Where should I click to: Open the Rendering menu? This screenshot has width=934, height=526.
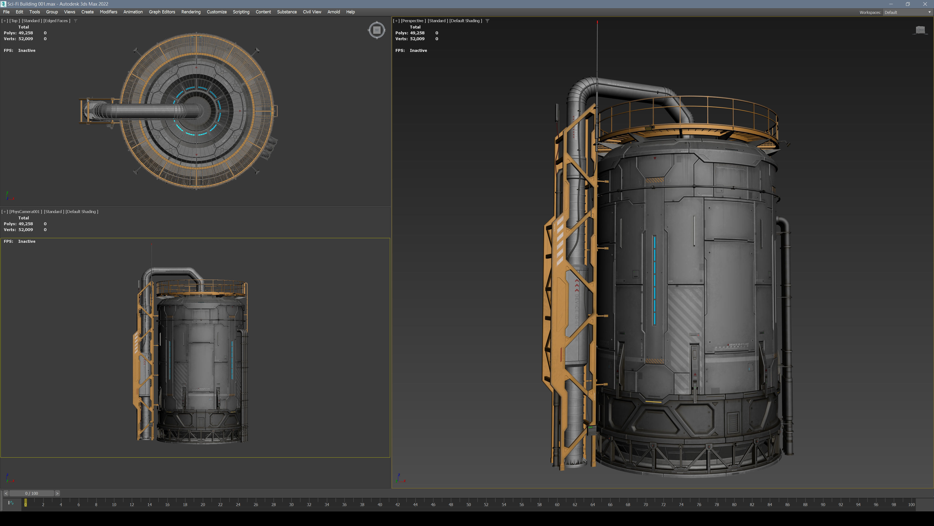(x=191, y=12)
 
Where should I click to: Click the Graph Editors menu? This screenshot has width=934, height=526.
(x=162, y=12)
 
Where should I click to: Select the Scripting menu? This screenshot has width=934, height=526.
(x=241, y=12)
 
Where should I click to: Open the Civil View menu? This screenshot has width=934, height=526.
(x=312, y=12)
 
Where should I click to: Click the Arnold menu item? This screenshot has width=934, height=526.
(x=333, y=12)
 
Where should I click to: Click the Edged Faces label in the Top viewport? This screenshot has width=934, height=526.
(x=57, y=21)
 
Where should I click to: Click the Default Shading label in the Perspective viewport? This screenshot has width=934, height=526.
(x=466, y=21)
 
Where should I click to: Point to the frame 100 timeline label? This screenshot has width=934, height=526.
(x=911, y=505)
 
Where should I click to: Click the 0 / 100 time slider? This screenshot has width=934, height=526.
(x=32, y=493)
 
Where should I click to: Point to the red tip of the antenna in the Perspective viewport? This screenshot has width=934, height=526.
(x=597, y=22)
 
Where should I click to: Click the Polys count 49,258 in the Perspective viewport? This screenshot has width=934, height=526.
(x=417, y=33)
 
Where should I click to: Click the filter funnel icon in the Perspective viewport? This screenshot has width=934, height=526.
(x=487, y=21)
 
